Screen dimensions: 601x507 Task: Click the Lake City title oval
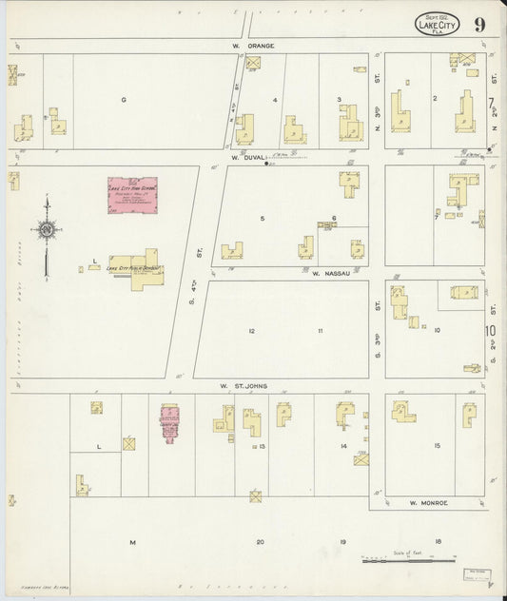[x=438, y=23]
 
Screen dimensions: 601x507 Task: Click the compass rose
[x=46, y=228]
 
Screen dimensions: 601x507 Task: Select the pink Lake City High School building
[x=131, y=196]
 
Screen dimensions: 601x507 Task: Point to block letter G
[x=123, y=99]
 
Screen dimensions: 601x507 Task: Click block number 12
[x=252, y=330]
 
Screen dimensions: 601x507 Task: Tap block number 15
[x=436, y=446]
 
